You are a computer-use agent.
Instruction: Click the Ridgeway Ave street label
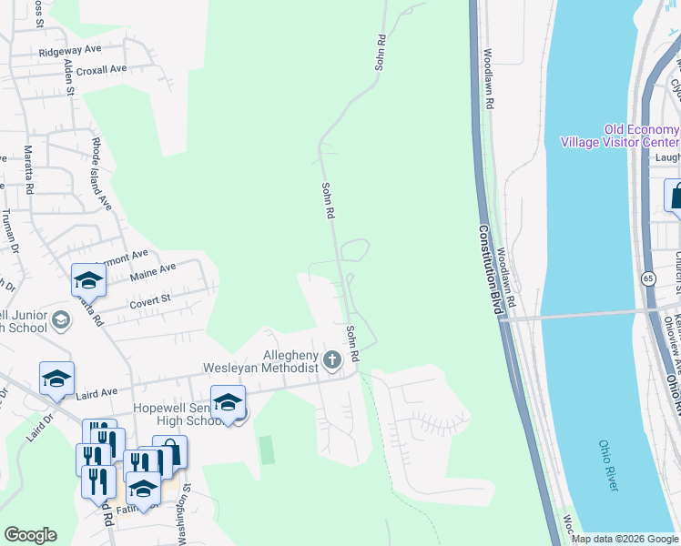click(69, 50)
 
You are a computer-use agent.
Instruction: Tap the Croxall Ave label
click(101, 69)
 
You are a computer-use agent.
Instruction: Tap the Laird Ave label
click(97, 391)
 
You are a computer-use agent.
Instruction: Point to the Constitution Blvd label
click(490, 271)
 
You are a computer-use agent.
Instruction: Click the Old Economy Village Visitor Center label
click(619, 136)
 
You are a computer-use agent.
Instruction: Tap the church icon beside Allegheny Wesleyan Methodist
click(333, 360)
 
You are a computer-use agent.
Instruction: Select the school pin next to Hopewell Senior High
click(228, 401)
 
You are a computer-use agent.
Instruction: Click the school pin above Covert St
click(89, 279)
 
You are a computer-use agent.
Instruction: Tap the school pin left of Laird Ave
click(56, 378)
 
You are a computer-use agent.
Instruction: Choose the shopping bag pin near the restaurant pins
click(169, 451)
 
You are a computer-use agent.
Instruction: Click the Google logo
click(30, 535)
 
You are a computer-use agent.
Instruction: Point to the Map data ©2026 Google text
click(625, 539)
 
